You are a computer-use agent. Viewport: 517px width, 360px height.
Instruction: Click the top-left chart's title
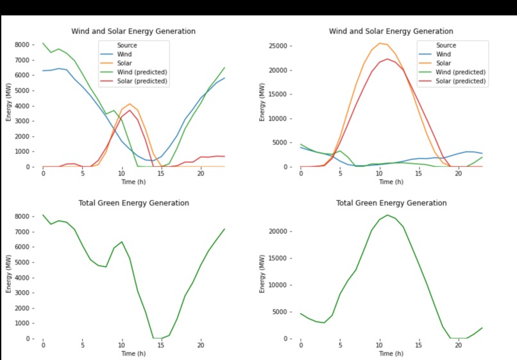click(x=133, y=31)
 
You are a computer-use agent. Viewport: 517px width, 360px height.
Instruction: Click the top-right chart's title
click(x=391, y=31)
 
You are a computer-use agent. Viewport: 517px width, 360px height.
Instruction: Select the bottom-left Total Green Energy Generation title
click(x=133, y=203)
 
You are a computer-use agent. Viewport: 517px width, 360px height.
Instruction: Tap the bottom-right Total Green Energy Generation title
click(x=391, y=203)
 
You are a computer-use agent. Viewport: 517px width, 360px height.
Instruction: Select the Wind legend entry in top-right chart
click(x=452, y=55)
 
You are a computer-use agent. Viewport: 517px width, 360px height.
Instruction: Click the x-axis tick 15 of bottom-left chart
click(x=162, y=346)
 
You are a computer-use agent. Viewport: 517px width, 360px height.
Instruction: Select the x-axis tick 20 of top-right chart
click(x=458, y=174)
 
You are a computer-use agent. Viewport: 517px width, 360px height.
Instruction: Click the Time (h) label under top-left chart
click(x=133, y=182)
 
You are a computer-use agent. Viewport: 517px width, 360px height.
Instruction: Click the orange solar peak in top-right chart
click(x=380, y=43)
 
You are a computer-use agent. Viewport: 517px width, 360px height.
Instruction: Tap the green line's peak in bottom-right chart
click(x=387, y=215)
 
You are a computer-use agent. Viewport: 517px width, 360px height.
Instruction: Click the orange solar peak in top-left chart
click(x=130, y=104)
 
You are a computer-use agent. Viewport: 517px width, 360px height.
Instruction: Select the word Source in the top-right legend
click(x=446, y=46)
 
